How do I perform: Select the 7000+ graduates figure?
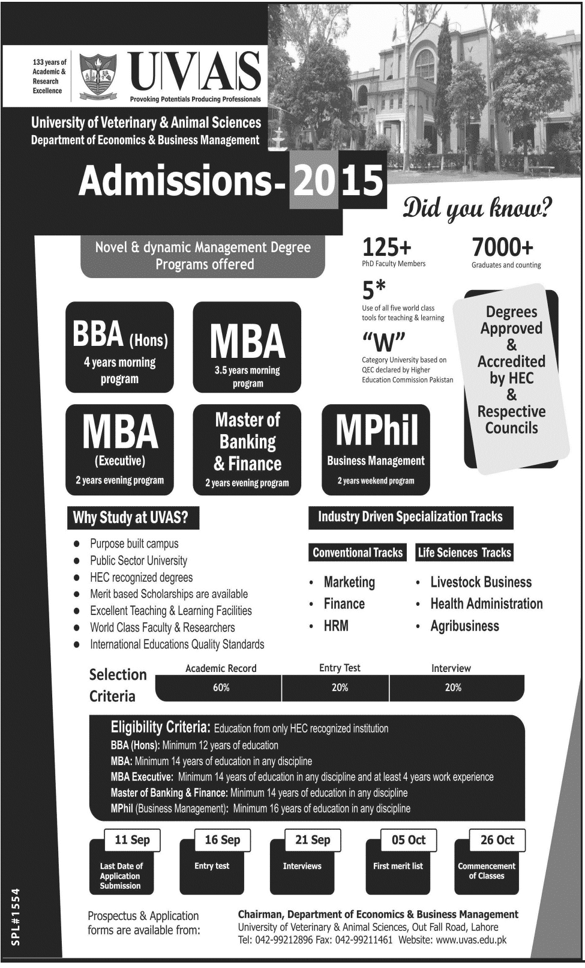[502, 247]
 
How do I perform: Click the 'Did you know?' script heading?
[477, 208]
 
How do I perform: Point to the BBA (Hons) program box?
[119, 347]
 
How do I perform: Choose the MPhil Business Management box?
[376, 449]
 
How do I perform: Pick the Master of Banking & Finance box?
[247, 449]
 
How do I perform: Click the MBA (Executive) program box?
[119, 449]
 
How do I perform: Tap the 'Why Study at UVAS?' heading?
[131, 518]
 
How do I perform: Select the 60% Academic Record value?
[221, 688]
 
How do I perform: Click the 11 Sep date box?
[132, 840]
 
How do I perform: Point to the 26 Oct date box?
[497, 840]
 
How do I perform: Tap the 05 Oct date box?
[408, 840]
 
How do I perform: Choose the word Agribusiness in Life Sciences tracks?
[464, 626]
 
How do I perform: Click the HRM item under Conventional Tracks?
[336, 626]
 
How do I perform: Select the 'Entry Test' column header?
[340, 668]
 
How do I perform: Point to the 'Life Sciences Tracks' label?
[464, 552]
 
